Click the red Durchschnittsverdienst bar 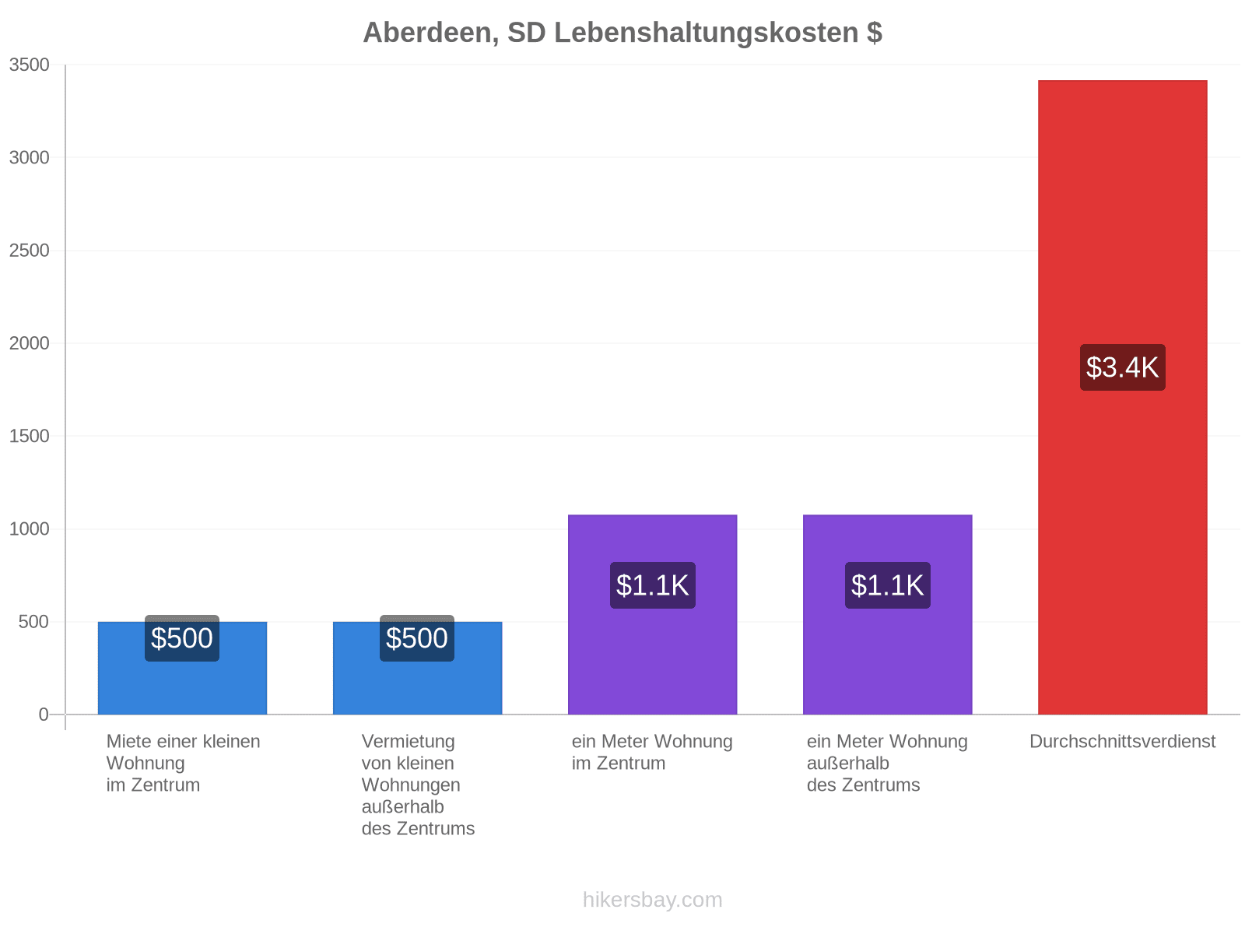(1121, 397)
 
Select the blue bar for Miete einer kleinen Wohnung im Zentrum (182, 668)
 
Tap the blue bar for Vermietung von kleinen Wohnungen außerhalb (417, 668)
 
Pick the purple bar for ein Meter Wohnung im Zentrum (652, 614)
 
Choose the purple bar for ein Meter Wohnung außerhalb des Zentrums (887, 614)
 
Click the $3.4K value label (1122, 367)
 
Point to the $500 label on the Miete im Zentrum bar (181, 637)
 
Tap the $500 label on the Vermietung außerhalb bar (417, 637)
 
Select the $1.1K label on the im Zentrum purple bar (652, 585)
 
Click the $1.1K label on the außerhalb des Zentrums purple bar (887, 585)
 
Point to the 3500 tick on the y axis (29, 65)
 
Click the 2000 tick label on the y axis (29, 343)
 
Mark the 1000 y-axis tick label (29, 528)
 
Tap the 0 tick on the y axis (43, 714)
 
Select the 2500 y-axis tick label (29, 250)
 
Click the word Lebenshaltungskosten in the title (706, 33)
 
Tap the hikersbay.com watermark (652, 900)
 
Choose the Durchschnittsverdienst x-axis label (1122, 741)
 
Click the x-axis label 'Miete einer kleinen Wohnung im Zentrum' (183, 763)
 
